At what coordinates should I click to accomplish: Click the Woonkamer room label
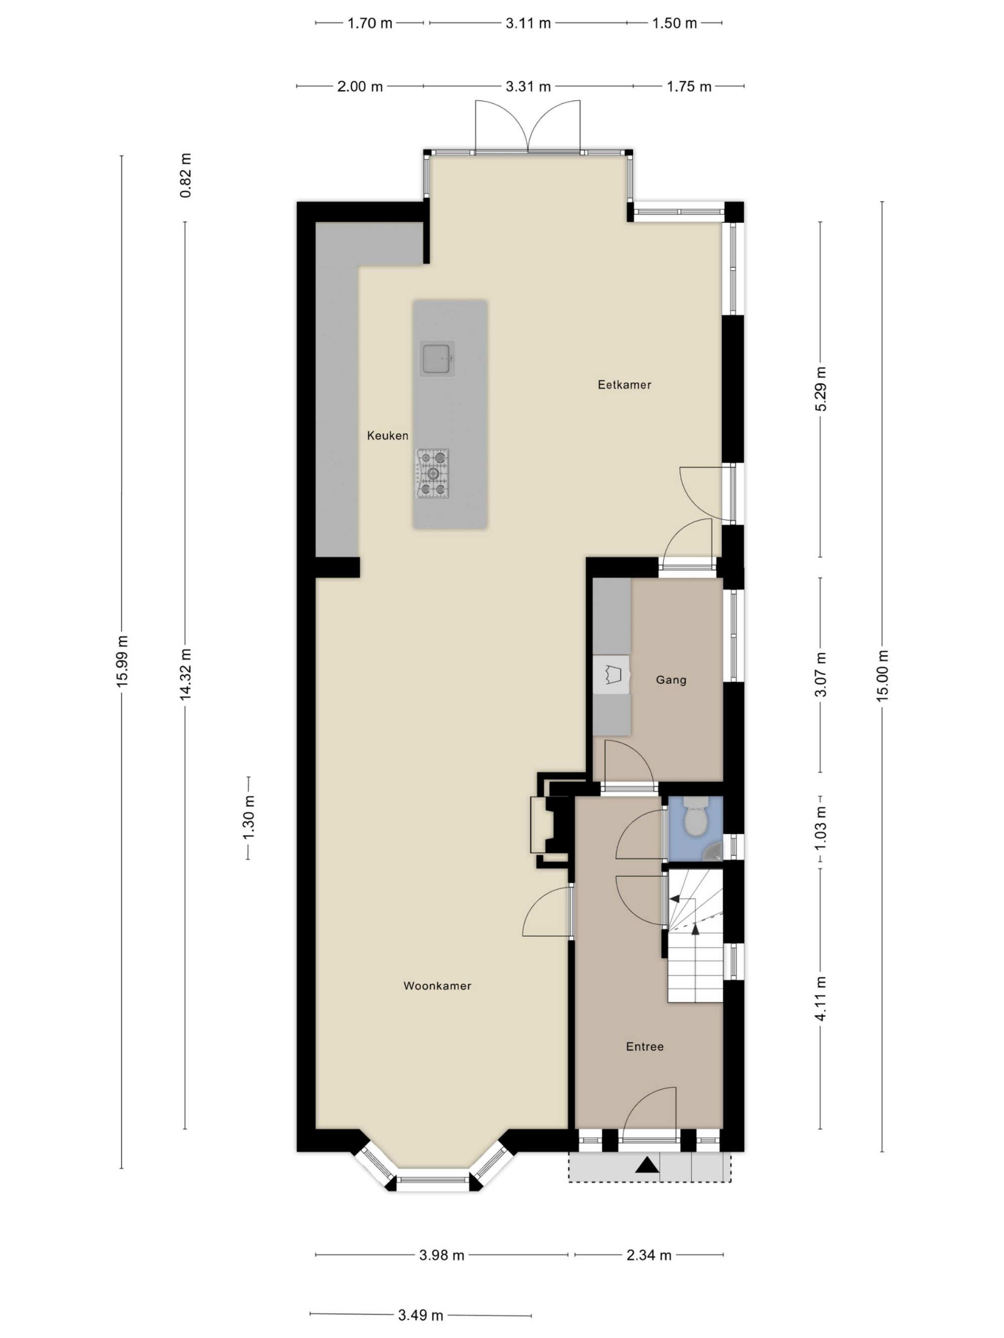(437, 986)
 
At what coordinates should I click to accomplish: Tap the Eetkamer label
(624, 385)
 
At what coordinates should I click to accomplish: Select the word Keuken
(388, 435)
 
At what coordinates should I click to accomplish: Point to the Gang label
(671, 680)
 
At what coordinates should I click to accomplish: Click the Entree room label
(645, 1047)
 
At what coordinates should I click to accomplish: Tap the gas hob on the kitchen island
(432, 474)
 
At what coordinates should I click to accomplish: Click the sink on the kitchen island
(437, 358)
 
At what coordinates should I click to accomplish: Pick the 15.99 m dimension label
(122, 661)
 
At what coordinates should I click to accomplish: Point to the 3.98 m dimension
(442, 1255)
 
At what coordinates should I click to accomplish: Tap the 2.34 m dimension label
(649, 1255)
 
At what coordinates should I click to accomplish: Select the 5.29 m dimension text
(821, 389)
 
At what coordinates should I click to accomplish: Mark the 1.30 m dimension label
(248, 818)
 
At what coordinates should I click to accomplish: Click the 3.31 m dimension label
(528, 86)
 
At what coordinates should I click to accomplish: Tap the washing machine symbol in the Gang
(611, 673)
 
